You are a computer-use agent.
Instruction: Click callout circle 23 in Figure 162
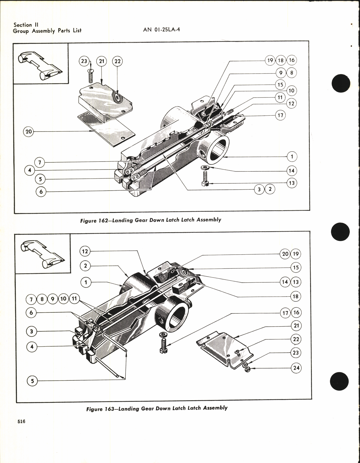point(84,61)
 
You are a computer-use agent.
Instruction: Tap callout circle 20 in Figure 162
point(29,132)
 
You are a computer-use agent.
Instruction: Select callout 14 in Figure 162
point(291,171)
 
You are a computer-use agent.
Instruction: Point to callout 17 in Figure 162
point(280,115)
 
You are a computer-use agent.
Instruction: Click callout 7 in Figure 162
point(40,163)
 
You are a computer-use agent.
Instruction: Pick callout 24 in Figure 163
point(296,368)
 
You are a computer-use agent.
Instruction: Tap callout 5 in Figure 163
point(32,381)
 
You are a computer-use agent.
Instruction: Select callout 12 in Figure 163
point(85,251)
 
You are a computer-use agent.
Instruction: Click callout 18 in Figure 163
point(295,296)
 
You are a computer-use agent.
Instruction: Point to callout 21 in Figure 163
point(296,326)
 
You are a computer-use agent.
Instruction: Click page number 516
point(21,422)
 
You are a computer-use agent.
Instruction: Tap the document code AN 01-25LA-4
point(162,30)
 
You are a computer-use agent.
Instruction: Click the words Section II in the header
point(26,25)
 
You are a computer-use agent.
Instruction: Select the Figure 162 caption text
point(150,220)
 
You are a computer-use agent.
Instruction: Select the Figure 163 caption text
point(157,408)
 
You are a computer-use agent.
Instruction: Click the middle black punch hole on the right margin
point(340,232)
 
